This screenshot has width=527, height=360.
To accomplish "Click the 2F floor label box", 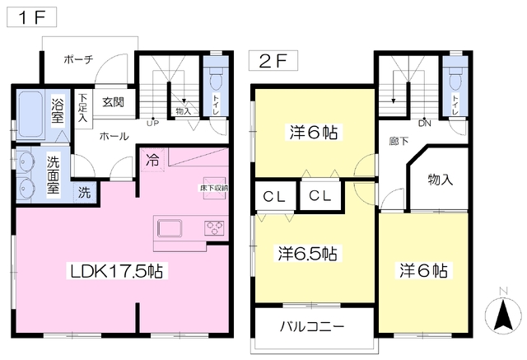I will (x=268, y=60).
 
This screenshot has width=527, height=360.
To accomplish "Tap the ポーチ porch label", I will (x=79, y=59).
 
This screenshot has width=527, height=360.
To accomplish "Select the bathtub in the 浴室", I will (x=30, y=117).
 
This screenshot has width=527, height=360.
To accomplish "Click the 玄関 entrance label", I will (x=113, y=102).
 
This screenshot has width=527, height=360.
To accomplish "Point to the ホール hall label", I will (x=114, y=136).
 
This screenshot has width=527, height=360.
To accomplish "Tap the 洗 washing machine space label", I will (x=85, y=194).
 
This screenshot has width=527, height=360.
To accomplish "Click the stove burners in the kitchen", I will (x=215, y=228).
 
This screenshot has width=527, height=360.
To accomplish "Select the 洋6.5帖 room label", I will (x=305, y=253).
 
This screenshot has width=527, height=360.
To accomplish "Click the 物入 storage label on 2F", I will (x=441, y=179).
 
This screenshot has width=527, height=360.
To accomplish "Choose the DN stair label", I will (x=424, y=124).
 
